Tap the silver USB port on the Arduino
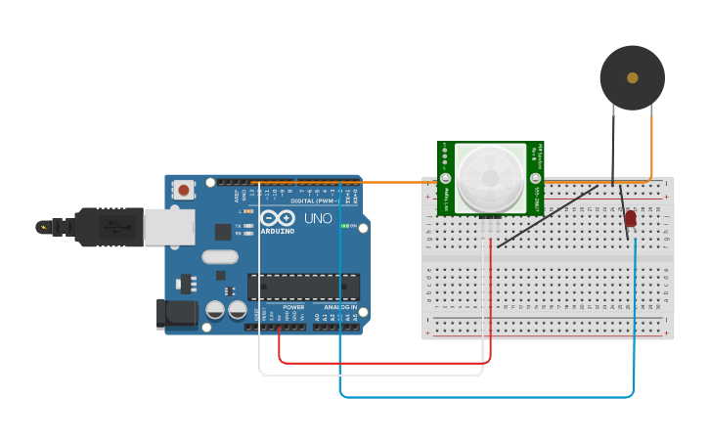pyautogui.click(x=168, y=227)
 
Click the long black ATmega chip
pyautogui.click(x=303, y=287)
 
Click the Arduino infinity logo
pyautogui.click(x=277, y=218)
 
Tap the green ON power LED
pyautogui.click(x=344, y=226)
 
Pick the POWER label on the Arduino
pyautogui.click(x=293, y=307)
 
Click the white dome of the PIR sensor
pyautogui.click(x=490, y=176)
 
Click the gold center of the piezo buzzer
pyautogui.click(x=633, y=77)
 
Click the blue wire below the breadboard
pyautogui.click(x=489, y=397)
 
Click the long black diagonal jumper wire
pyautogui.click(x=548, y=216)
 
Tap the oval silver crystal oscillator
pyautogui.click(x=220, y=257)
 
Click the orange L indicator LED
pyautogui.click(x=251, y=211)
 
